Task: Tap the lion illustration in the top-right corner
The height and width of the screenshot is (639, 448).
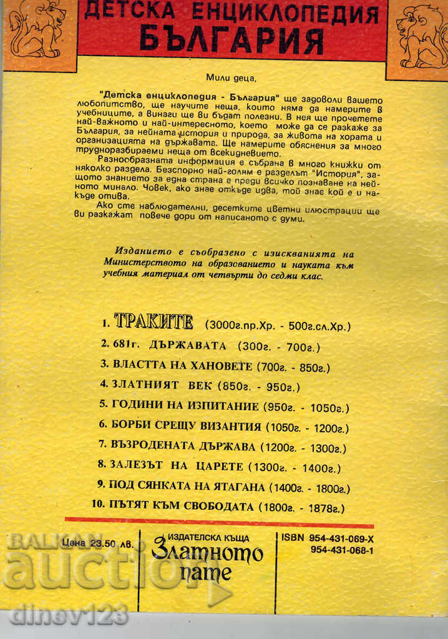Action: coord(419,36)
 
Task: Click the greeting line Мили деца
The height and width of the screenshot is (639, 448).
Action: coord(230,78)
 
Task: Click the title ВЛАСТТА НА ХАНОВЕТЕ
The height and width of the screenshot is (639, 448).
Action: coord(180,366)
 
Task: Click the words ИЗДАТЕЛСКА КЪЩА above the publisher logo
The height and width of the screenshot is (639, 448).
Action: coord(209,537)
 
